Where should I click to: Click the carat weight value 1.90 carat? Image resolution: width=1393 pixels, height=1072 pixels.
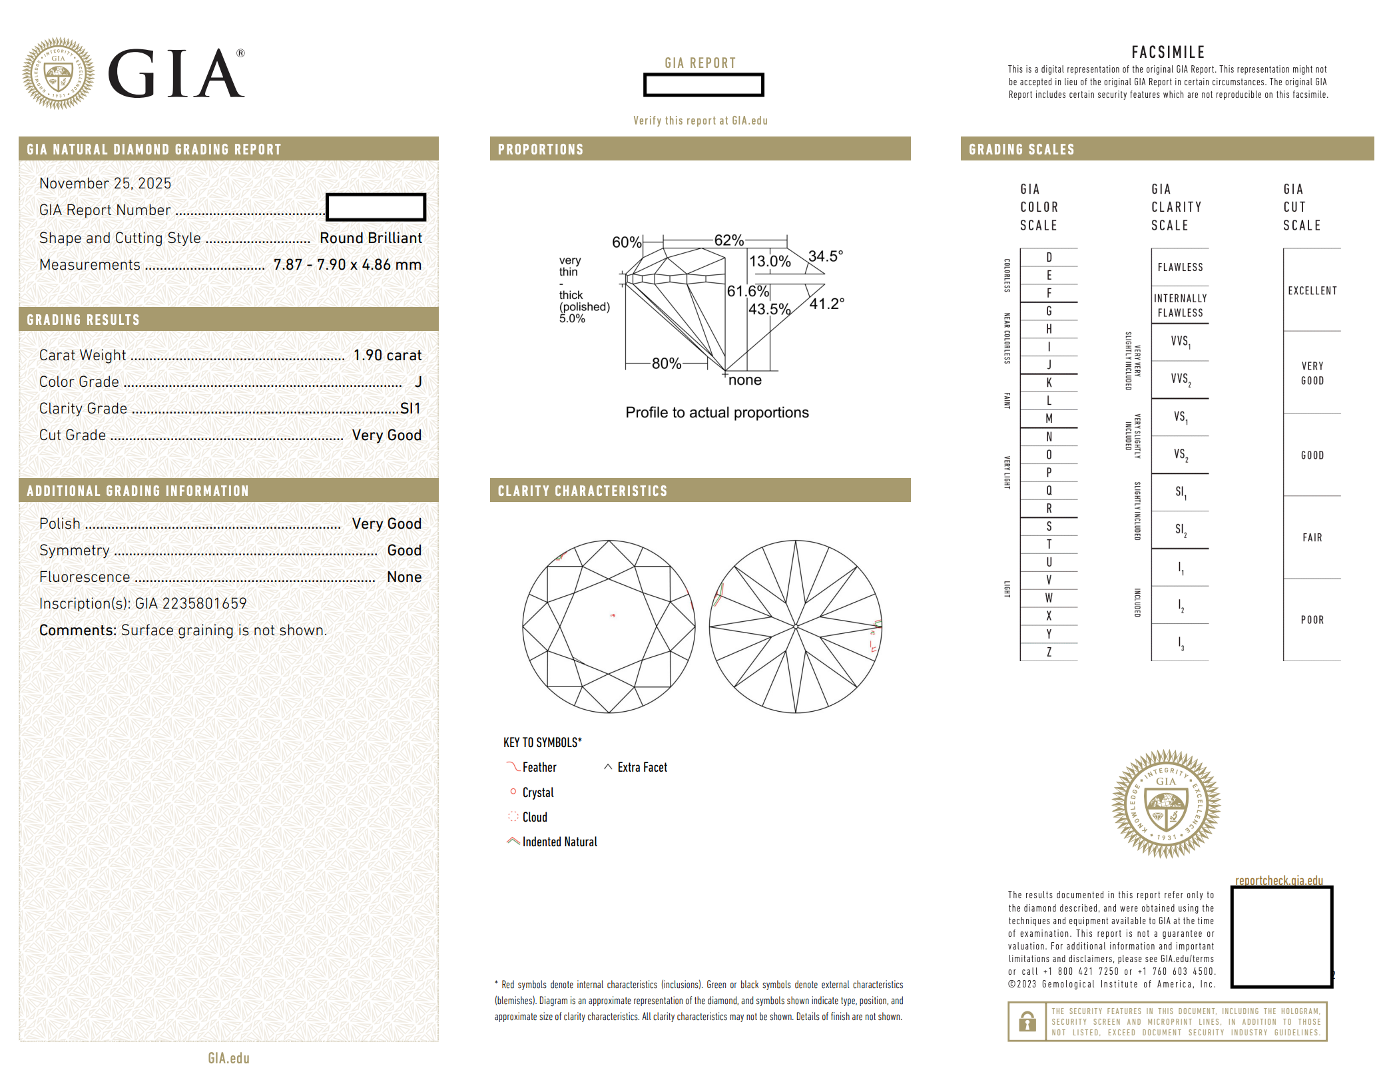(x=387, y=356)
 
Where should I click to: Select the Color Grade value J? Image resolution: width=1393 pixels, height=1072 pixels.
(x=418, y=382)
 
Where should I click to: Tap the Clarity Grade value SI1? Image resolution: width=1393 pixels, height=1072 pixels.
(x=410, y=409)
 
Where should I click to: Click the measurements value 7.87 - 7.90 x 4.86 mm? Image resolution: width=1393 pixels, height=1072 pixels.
(x=347, y=265)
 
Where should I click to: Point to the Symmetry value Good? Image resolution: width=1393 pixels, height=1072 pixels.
(x=404, y=551)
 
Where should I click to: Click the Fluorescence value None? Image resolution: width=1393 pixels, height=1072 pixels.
(x=404, y=577)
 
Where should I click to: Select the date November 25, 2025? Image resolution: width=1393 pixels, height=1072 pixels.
(x=105, y=184)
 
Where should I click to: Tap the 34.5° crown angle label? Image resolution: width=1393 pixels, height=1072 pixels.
(x=826, y=256)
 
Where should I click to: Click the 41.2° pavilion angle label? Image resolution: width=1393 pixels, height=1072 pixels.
(x=827, y=304)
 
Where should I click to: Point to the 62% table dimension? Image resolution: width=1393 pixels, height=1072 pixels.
(x=729, y=240)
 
